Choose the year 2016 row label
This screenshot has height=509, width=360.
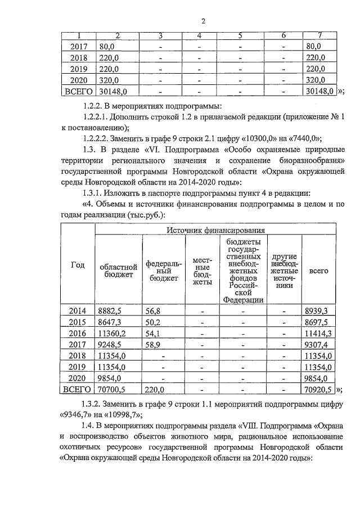77,333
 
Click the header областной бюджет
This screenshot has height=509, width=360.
118,271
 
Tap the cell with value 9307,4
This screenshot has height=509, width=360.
316,344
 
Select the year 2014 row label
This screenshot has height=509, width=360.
77,310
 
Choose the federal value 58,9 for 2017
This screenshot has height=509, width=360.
153,344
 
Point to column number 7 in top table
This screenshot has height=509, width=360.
319,37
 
